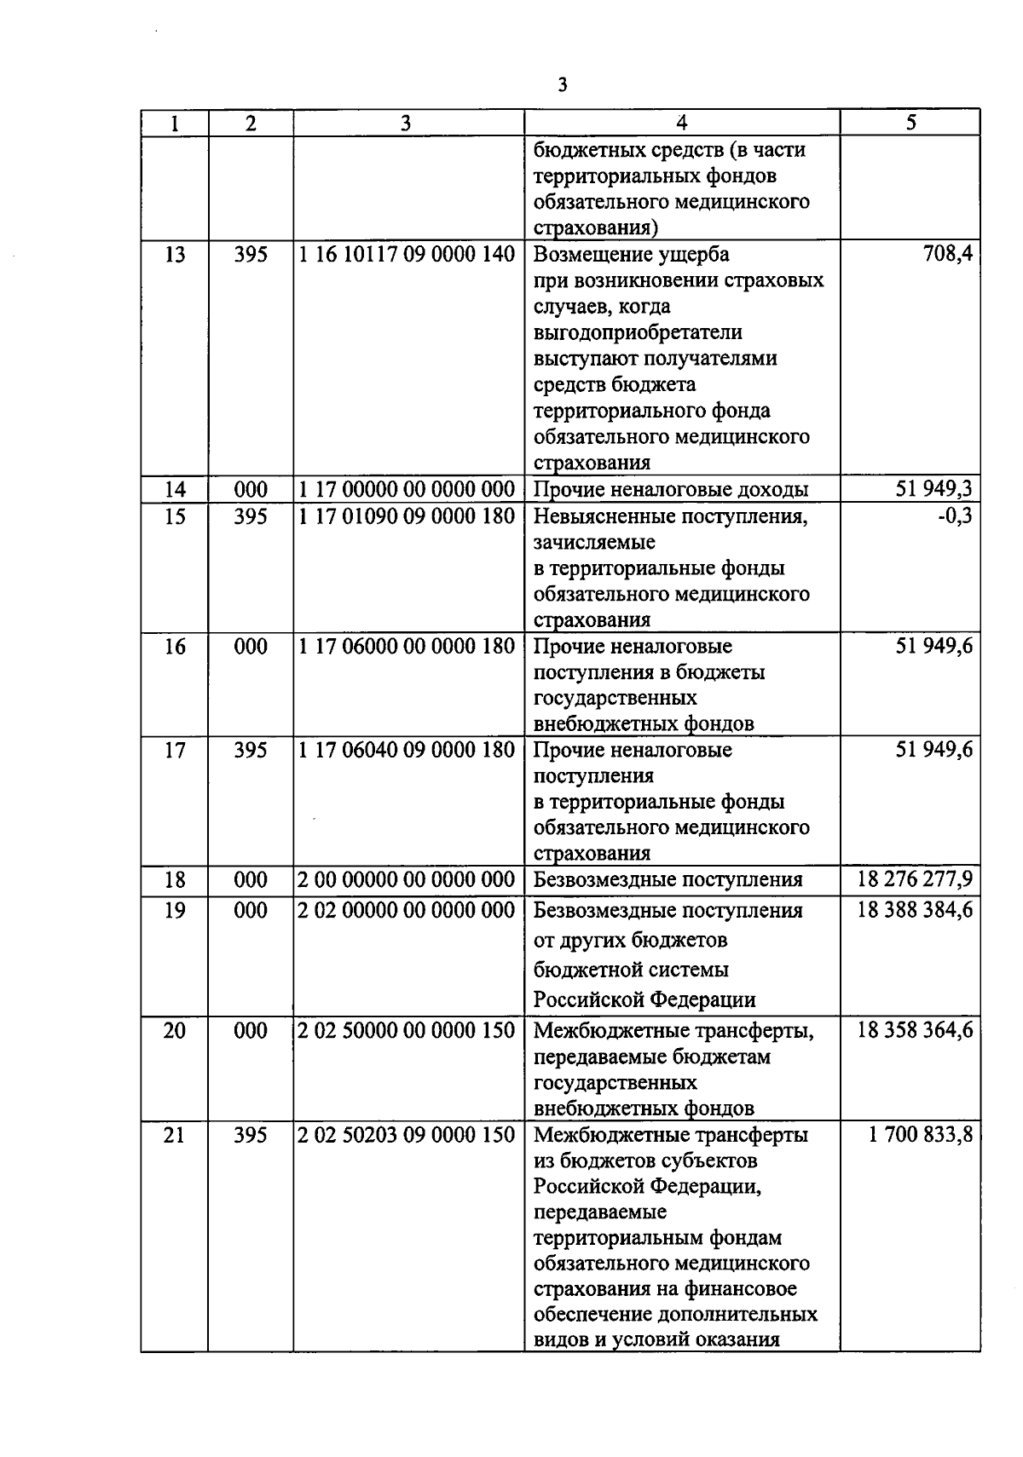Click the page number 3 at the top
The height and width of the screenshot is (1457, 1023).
[x=562, y=85]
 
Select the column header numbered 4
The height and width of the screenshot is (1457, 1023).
[x=681, y=123]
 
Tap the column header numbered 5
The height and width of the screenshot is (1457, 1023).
[x=910, y=123]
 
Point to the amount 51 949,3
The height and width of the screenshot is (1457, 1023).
[x=933, y=489]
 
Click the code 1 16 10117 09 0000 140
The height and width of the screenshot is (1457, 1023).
[x=407, y=254]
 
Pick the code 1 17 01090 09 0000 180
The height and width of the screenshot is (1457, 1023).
[x=407, y=515]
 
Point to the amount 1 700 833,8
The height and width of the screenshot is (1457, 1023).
[x=921, y=1135]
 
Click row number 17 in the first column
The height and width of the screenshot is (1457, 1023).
[x=174, y=750]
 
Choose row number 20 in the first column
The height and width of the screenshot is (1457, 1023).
[x=174, y=1031]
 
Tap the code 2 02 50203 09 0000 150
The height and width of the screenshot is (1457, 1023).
[x=407, y=1135]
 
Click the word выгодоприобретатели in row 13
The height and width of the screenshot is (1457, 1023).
[x=638, y=332]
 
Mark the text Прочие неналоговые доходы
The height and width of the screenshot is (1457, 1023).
[x=671, y=489]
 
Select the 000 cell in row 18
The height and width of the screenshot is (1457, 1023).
[x=251, y=879]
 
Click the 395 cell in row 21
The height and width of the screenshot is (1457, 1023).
[x=251, y=1135]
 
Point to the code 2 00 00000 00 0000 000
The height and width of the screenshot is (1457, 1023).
[x=407, y=879]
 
